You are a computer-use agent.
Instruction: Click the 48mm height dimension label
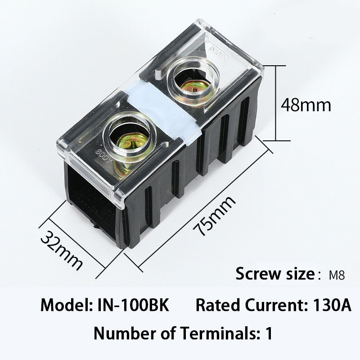click(306, 105)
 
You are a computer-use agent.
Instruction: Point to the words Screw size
click(274, 274)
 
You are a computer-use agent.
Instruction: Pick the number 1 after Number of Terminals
click(269, 334)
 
